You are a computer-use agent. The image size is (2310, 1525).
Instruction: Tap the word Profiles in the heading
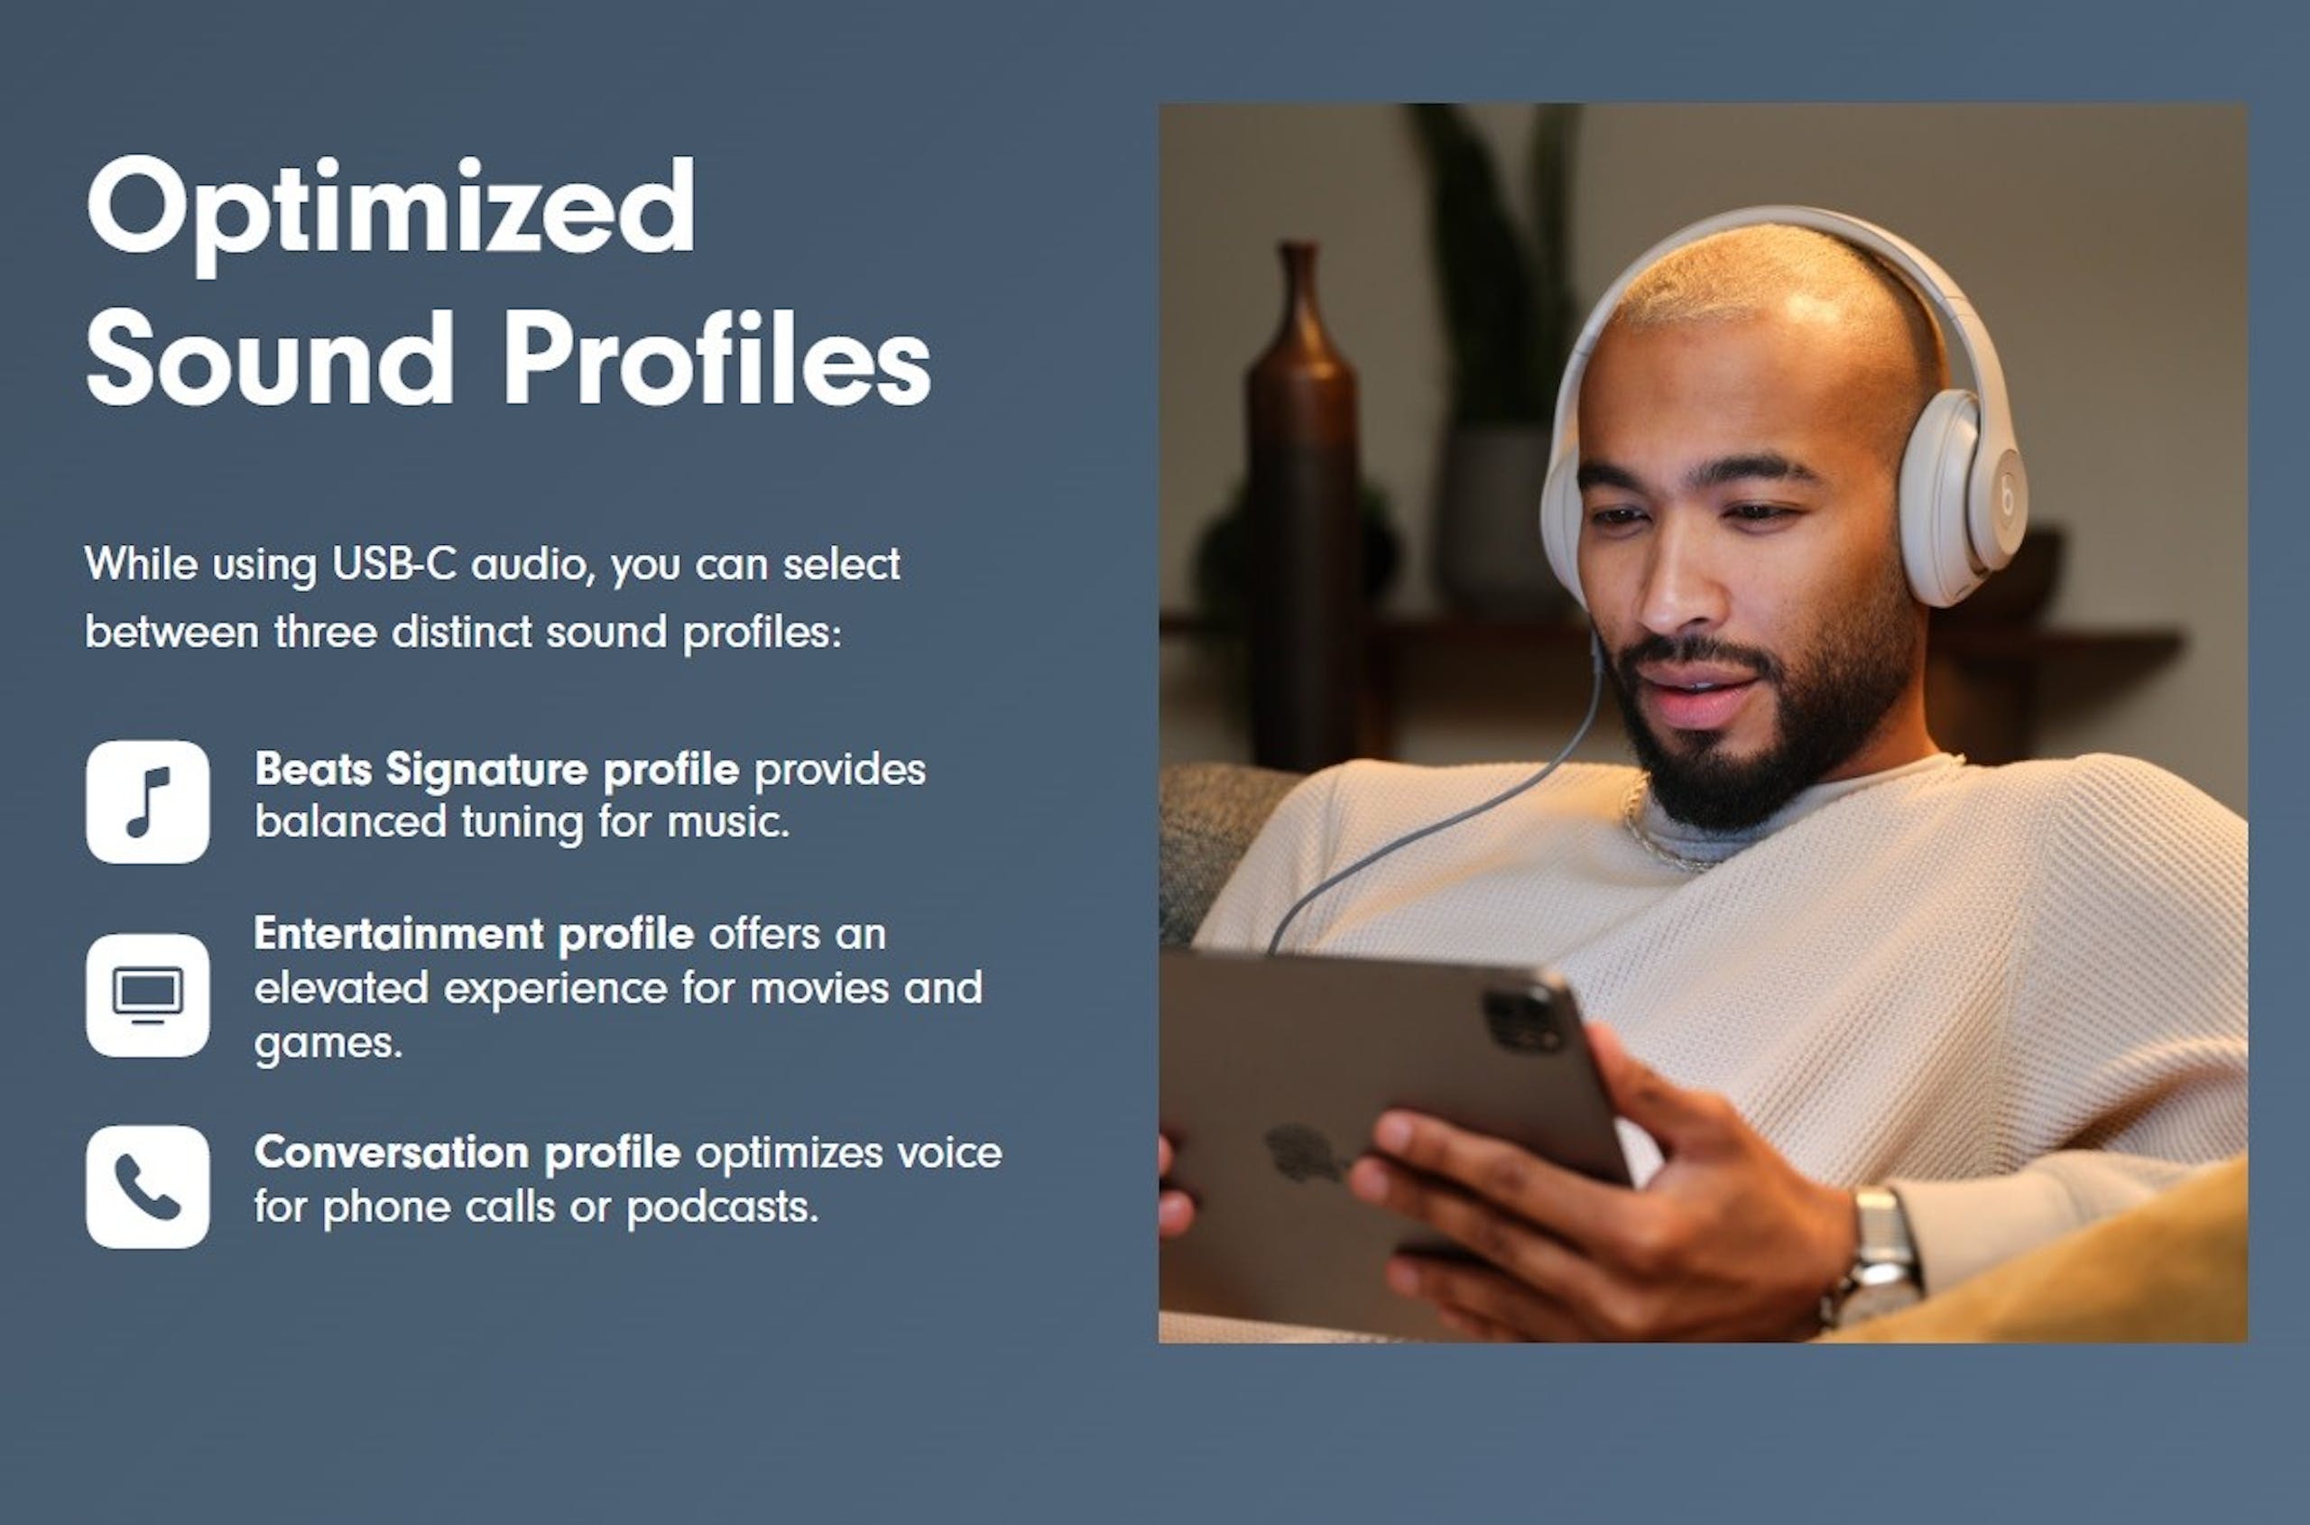click(x=717, y=357)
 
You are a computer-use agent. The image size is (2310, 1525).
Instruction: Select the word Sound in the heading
click(x=271, y=357)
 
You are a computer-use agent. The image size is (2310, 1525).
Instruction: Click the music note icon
click(x=148, y=801)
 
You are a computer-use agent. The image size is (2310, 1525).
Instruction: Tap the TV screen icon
click(x=148, y=995)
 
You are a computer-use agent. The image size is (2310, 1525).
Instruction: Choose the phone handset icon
click(x=148, y=1187)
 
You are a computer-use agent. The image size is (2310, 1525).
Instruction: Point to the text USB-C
click(x=394, y=564)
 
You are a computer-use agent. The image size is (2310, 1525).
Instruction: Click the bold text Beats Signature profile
click(x=497, y=772)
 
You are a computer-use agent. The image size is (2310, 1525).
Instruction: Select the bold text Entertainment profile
click(x=475, y=935)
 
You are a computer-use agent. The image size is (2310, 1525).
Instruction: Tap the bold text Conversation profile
click(x=467, y=1153)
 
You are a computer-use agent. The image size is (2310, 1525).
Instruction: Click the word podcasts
click(x=723, y=1208)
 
